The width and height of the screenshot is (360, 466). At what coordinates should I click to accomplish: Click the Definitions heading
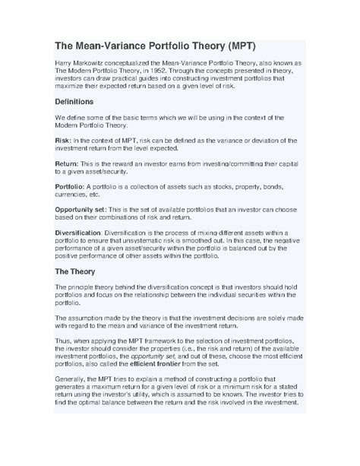click(84, 101)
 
